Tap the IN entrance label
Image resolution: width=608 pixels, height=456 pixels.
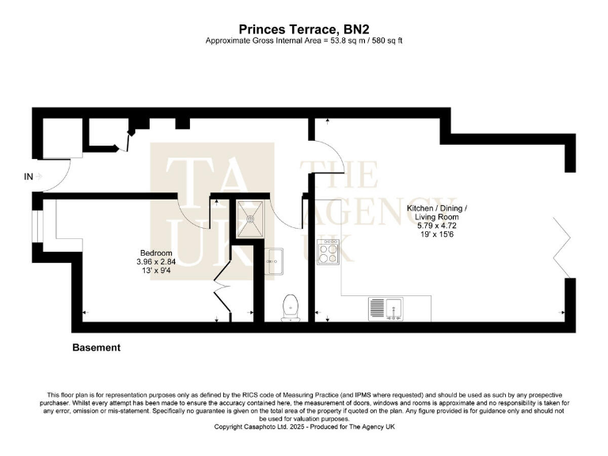[x=28, y=177]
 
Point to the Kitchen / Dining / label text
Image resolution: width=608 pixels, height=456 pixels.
[x=437, y=208]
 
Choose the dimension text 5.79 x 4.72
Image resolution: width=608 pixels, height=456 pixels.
[x=437, y=226]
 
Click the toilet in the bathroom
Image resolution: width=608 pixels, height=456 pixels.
[x=291, y=306]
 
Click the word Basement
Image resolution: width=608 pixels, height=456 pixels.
[x=97, y=348]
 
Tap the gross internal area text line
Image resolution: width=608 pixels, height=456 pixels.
[x=304, y=40]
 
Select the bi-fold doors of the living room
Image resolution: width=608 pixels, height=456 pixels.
[x=564, y=245]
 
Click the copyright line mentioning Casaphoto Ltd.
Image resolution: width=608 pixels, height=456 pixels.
[x=304, y=427]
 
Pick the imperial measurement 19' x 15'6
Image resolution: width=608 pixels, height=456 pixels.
[x=437, y=236]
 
